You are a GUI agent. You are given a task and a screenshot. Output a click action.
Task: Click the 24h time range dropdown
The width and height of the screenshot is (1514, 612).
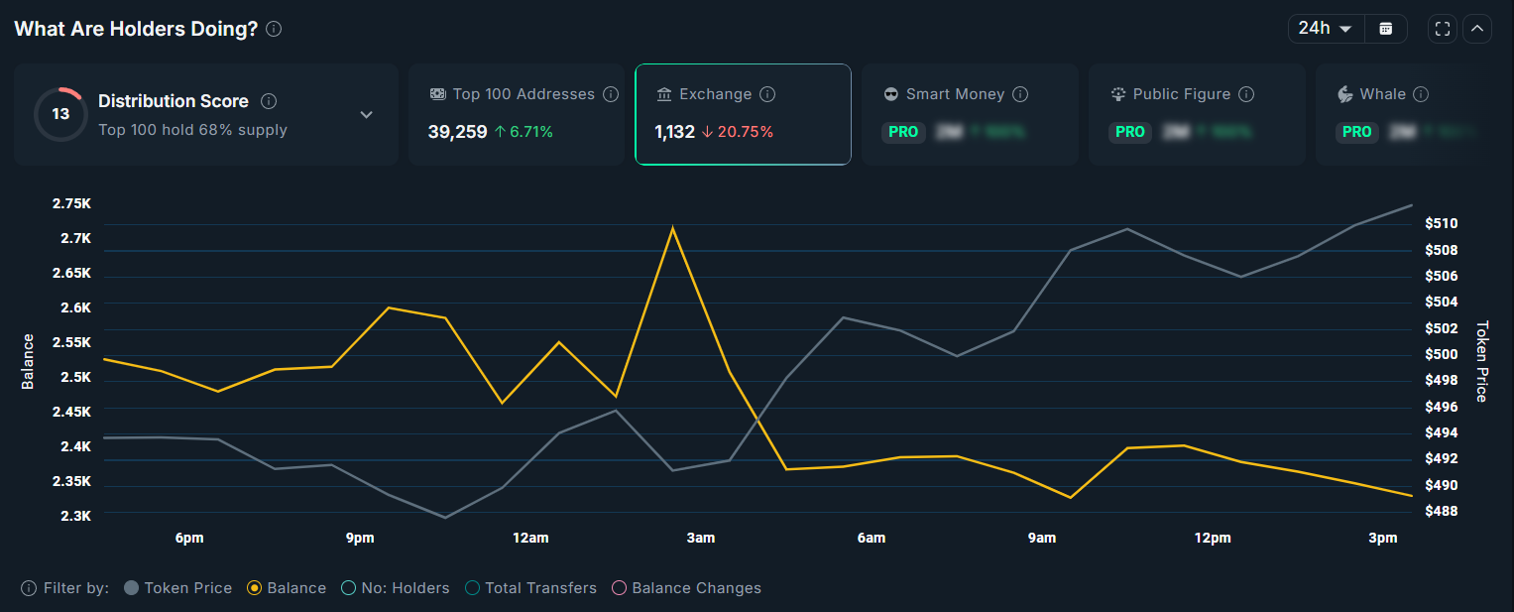click(1325, 29)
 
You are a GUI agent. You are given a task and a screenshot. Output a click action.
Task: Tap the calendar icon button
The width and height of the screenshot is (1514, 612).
click(1385, 29)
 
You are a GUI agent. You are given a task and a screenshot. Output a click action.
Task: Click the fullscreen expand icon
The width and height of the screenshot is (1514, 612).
click(1443, 29)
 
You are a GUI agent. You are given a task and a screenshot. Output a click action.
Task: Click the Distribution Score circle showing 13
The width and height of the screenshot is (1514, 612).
click(60, 114)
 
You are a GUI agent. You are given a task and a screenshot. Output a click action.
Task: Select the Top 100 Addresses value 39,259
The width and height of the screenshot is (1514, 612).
click(457, 131)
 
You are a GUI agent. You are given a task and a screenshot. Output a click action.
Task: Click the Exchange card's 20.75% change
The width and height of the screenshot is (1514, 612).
click(737, 131)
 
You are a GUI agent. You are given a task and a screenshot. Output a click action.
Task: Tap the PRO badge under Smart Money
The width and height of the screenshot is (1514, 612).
click(902, 131)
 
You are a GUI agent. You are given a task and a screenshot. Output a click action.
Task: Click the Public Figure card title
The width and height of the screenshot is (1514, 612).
click(1181, 94)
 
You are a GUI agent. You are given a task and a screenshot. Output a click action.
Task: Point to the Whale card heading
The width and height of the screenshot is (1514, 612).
click(1382, 94)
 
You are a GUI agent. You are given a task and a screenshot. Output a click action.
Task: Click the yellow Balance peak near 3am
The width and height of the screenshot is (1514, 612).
click(673, 228)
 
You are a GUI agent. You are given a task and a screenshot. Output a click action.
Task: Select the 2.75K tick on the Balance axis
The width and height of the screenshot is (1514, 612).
click(71, 203)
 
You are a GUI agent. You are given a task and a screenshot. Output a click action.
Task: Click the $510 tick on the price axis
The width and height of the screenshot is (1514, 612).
click(1441, 223)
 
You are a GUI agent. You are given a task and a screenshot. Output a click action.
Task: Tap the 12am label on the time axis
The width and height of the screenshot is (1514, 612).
click(530, 538)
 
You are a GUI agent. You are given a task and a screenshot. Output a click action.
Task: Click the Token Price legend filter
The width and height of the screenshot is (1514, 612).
click(178, 588)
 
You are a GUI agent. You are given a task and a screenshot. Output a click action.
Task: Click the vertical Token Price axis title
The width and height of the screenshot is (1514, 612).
click(1481, 361)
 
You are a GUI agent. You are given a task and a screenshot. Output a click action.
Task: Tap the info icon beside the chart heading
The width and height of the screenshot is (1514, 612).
click(274, 29)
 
